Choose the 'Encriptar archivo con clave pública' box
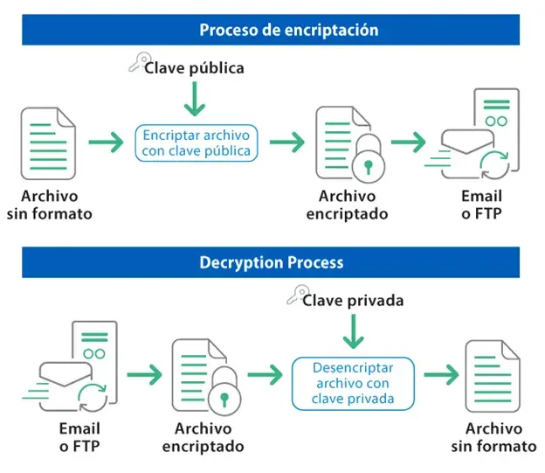click(x=197, y=143)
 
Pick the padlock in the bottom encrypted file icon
click(x=224, y=398)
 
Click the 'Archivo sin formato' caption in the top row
click(x=49, y=205)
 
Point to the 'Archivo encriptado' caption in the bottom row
click(x=203, y=437)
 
